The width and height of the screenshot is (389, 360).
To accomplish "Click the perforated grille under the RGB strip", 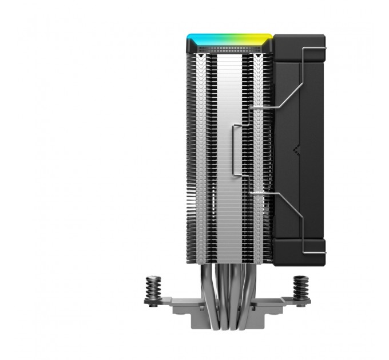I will (x=229, y=53).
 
